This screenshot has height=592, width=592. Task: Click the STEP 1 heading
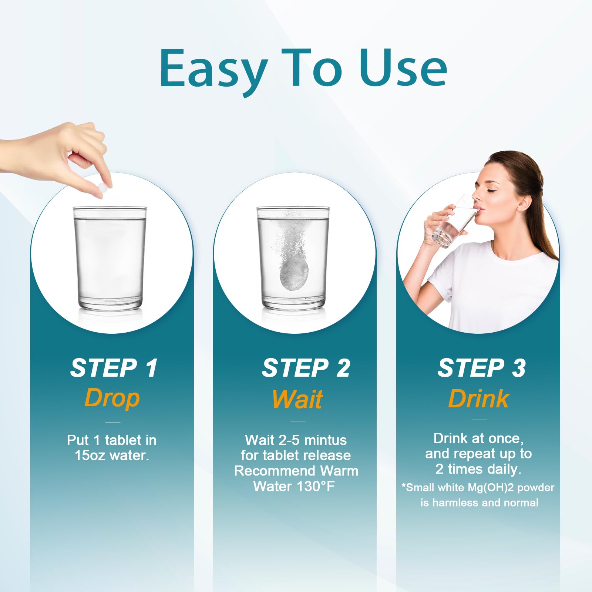114,368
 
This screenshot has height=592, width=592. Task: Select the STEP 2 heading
306,368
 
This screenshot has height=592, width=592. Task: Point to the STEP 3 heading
481,368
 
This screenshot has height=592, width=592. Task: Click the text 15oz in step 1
90,455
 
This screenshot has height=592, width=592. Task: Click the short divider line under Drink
479,420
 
